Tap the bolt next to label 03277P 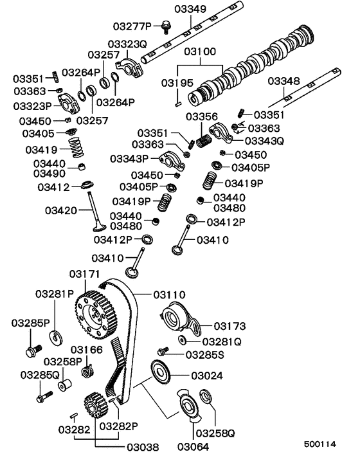[x=166, y=26]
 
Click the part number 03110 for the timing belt [x=168, y=294]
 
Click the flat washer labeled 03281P [x=55, y=336]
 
